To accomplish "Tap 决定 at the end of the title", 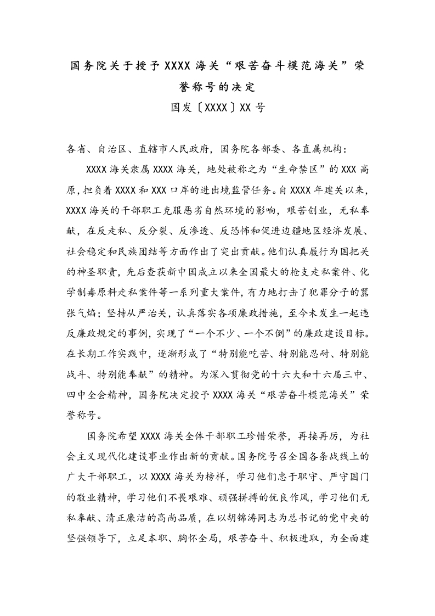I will tap(244, 87).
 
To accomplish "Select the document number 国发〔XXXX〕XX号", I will tap(218, 108).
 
